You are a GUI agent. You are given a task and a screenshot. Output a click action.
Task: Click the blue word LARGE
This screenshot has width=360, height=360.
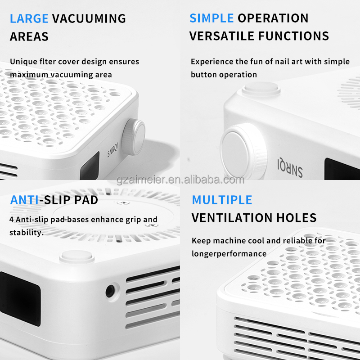[29, 18]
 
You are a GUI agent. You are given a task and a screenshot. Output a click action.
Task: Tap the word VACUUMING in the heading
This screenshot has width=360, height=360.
[89, 18]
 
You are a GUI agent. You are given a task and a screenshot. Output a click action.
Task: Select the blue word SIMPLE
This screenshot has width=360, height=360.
[211, 18]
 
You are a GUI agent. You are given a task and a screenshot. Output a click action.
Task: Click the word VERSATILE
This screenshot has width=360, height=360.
[223, 36]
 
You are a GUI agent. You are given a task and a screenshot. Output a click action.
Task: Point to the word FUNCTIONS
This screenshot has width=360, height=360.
[295, 36]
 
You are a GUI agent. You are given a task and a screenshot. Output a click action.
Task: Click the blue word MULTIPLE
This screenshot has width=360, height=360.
[222, 200]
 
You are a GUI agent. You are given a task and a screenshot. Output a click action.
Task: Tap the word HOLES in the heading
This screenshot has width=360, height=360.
[296, 218]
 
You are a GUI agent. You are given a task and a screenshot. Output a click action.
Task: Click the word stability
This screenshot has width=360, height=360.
[26, 233]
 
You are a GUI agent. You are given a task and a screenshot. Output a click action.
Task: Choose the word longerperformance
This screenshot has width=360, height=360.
[229, 254]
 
